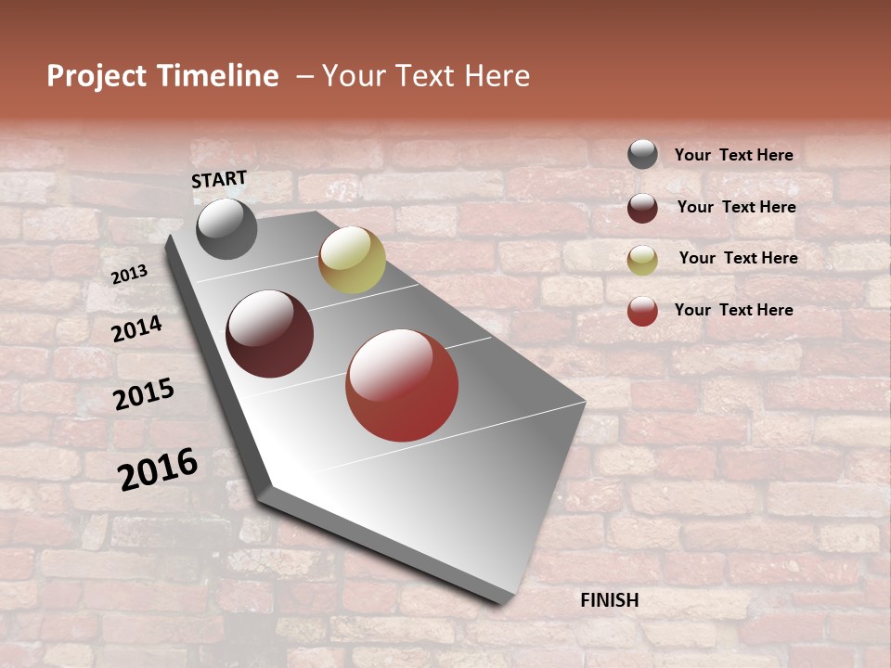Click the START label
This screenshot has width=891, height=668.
219,179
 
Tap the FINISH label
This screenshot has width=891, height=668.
610,600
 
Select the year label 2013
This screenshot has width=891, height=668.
129,274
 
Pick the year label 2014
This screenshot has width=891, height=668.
136,328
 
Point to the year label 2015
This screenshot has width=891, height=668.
143,394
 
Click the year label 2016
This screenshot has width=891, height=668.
158,469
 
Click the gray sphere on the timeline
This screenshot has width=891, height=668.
226,228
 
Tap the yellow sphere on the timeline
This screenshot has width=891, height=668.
352,260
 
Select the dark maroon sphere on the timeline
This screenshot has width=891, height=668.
270,334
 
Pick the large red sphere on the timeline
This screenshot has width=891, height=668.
402,385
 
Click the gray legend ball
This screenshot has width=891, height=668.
642,154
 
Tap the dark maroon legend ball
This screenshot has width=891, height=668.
642,208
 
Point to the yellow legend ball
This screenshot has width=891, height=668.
642,260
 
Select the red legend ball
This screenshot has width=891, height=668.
642,311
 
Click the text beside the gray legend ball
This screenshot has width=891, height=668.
733,155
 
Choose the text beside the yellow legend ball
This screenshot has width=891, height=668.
738,258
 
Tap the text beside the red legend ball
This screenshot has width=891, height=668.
733,310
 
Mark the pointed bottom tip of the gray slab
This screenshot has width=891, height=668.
501,601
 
